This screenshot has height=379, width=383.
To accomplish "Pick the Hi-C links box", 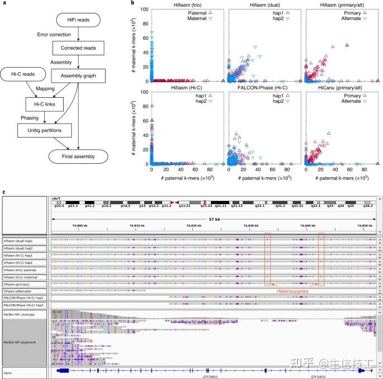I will tap(45, 103).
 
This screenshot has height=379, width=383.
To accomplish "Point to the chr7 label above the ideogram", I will tap(56, 198).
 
